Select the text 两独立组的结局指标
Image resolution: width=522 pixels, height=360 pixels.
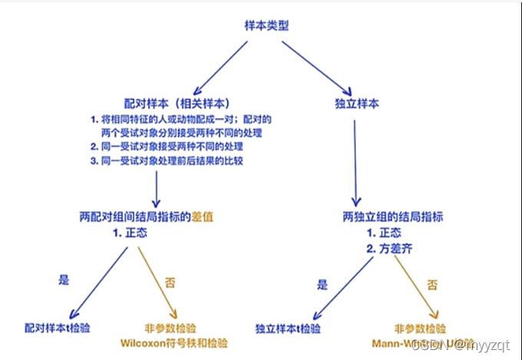[x=393, y=216]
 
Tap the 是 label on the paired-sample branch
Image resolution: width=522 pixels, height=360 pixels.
[x=64, y=280]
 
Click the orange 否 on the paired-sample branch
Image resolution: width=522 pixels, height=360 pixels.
[x=170, y=282]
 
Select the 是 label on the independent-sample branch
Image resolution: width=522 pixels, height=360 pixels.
[x=322, y=284]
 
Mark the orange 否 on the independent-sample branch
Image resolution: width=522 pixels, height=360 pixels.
[x=433, y=285]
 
